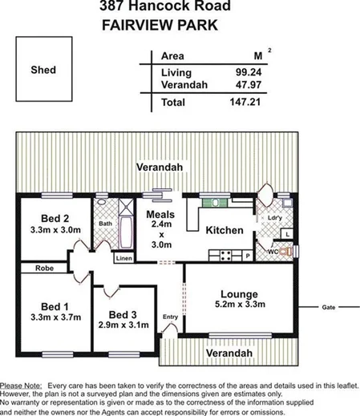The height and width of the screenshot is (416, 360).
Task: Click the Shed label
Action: (x=43, y=70)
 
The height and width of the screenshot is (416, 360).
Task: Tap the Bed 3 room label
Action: (x=125, y=313)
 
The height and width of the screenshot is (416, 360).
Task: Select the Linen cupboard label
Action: (x=123, y=259)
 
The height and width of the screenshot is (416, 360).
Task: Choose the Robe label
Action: (x=43, y=269)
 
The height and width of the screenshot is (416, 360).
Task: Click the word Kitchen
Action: (x=224, y=230)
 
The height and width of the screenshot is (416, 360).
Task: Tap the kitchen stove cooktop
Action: (x=225, y=256)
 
